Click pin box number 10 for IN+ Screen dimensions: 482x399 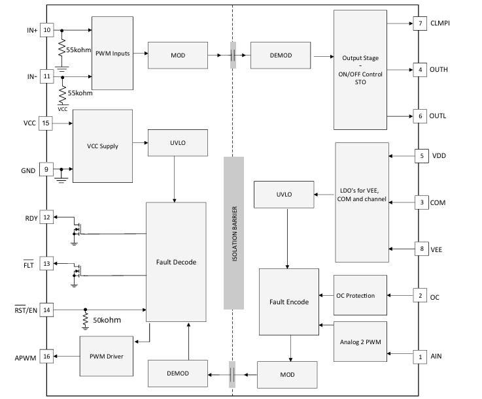click(x=46, y=30)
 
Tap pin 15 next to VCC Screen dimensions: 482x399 click(x=46, y=123)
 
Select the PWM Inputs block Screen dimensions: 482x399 click(x=112, y=53)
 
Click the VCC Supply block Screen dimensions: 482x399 click(x=103, y=146)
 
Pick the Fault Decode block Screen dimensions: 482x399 click(x=176, y=262)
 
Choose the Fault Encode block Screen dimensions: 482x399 click(x=289, y=302)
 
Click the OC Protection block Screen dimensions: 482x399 click(x=360, y=295)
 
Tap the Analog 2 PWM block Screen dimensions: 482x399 click(x=360, y=342)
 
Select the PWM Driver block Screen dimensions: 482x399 click(x=107, y=356)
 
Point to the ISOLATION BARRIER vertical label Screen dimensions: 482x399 click(x=235, y=234)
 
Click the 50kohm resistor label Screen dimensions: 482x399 click(x=107, y=320)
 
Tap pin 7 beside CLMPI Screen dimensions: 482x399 click(x=420, y=24)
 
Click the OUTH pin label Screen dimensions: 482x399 click(x=439, y=70)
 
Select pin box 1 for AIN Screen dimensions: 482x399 click(x=420, y=357)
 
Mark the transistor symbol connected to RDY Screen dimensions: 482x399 click(x=77, y=229)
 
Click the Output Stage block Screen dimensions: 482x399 click(x=360, y=70)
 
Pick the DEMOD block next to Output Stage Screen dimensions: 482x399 click(x=281, y=56)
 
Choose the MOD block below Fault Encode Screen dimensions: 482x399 click(x=287, y=374)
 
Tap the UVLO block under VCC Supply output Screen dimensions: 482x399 click(x=178, y=143)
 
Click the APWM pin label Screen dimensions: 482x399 click(x=26, y=358)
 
